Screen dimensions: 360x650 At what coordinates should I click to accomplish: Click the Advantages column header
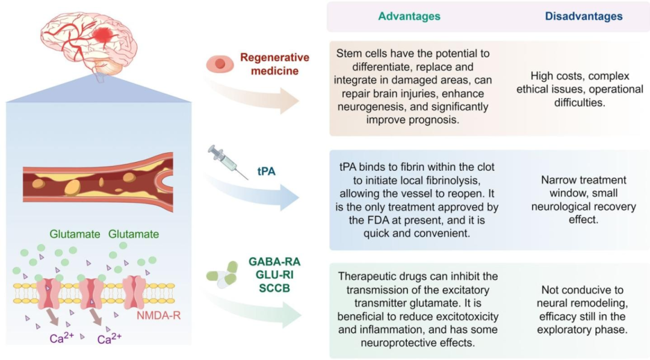[x=409, y=16]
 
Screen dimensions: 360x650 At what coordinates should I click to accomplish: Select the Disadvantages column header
[x=583, y=16]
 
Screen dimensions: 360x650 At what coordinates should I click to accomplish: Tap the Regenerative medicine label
[x=274, y=64]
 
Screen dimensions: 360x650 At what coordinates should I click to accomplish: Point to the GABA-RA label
[x=274, y=262]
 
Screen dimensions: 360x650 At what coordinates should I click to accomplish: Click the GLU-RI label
[x=274, y=275]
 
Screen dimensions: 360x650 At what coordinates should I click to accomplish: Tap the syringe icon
[x=227, y=161]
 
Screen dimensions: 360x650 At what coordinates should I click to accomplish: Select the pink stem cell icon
[x=220, y=64]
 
